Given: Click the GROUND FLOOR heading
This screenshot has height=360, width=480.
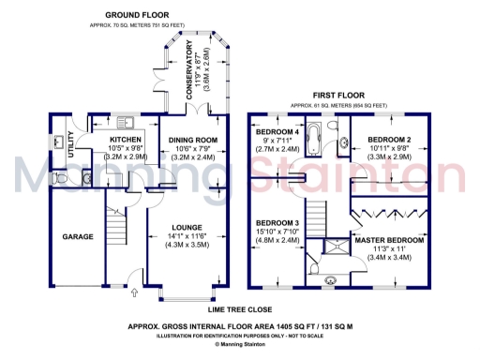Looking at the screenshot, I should click(x=137, y=16).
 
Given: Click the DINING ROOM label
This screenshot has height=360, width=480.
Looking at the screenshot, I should click(x=192, y=140).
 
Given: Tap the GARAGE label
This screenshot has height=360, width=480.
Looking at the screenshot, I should click(x=78, y=237).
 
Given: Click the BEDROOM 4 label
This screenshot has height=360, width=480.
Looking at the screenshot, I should click(x=276, y=132).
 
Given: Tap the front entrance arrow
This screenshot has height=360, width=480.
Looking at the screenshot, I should click(x=135, y=292).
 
